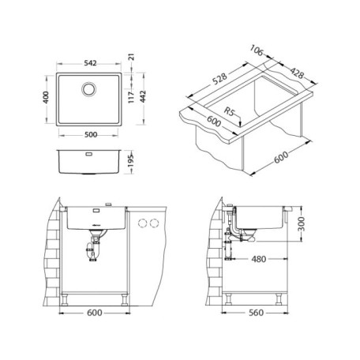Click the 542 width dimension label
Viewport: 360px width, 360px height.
pos(90,63)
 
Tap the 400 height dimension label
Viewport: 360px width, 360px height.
pos(46,97)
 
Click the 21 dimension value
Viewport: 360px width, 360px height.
pos(132,57)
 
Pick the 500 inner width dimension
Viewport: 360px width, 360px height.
pos(91,135)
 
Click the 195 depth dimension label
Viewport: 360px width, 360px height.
pos(131,161)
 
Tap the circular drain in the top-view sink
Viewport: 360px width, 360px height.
pos(88,89)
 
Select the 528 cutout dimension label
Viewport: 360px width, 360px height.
pos(219,79)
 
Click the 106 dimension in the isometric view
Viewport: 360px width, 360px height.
pos(257,51)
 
